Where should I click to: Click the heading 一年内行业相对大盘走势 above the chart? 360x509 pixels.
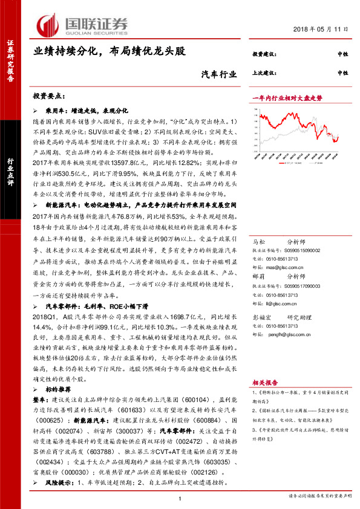[x=286, y=97]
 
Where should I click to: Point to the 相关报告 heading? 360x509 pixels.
[x=266, y=398]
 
